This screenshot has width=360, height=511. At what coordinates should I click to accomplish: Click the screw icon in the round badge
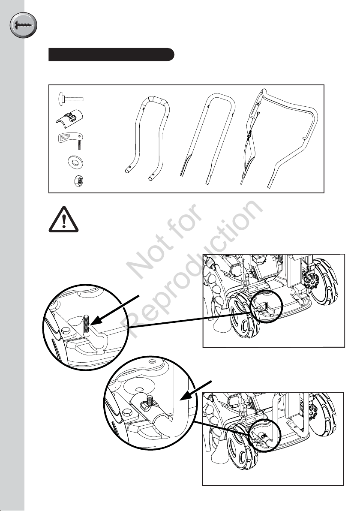click(23, 25)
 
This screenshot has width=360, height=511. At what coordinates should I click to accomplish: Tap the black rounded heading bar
click(111, 55)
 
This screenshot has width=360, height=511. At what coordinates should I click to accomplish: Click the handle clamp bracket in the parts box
click(69, 117)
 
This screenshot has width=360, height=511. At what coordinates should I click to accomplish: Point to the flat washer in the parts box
click(75, 161)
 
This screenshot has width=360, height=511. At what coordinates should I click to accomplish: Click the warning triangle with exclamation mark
click(64, 219)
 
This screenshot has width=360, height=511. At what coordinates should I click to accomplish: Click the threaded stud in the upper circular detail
click(86, 325)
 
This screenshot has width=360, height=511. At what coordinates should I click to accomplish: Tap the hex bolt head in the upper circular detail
click(65, 332)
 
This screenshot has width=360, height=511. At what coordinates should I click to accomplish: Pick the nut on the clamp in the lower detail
click(145, 405)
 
